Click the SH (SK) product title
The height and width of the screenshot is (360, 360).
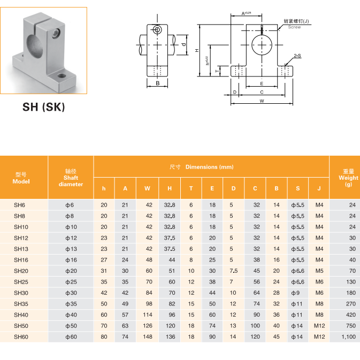click(x=43, y=107)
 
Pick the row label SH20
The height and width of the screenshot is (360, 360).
click(x=21, y=271)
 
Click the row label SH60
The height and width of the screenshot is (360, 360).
click(x=21, y=336)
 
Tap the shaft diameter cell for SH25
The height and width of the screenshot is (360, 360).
click(x=71, y=281)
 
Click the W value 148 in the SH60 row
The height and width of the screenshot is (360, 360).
click(x=147, y=336)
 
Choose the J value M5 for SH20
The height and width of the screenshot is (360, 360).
click(x=319, y=271)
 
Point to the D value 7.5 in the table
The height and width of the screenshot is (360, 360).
click(x=233, y=271)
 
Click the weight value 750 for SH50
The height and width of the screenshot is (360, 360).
click(x=350, y=325)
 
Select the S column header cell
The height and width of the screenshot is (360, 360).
click(x=297, y=188)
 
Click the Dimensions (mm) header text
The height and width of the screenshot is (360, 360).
click(x=209, y=167)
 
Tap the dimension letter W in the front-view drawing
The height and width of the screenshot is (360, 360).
click(x=262, y=101)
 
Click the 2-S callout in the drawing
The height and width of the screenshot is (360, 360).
click(x=297, y=56)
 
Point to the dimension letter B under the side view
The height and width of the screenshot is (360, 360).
click(x=157, y=83)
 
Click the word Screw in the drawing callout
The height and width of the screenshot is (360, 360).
click(x=294, y=27)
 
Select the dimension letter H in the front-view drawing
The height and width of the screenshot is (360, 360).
click(x=197, y=50)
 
